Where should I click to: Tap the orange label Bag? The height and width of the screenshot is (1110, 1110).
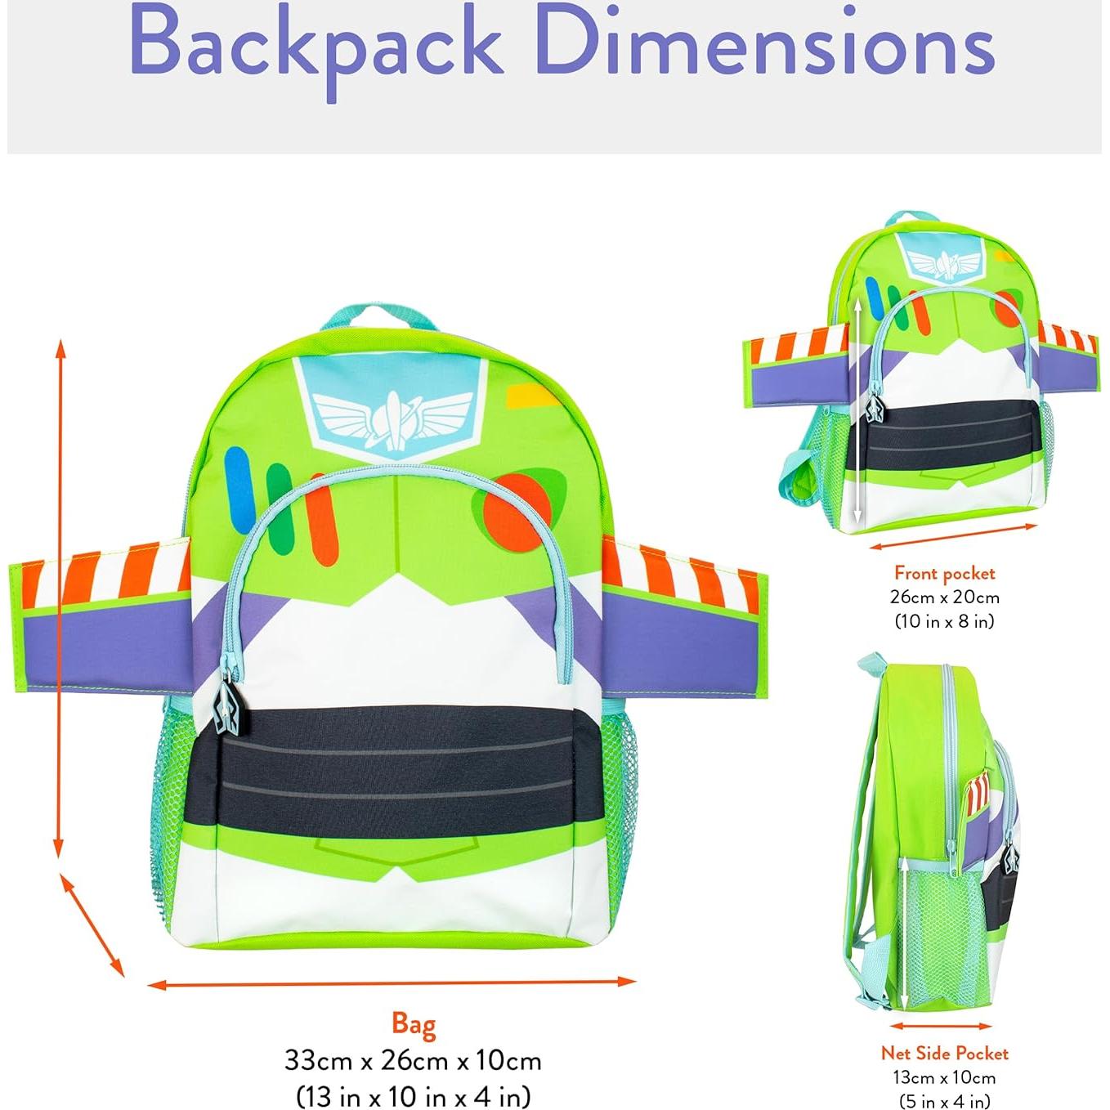[x=414, y=1024]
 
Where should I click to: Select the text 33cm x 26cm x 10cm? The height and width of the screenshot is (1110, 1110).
[x=413, y=1060]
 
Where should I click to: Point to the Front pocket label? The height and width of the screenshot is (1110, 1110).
[x=944, y=573]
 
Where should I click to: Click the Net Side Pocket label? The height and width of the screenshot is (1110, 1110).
[x=944, y=1053]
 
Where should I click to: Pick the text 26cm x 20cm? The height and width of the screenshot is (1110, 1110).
[x=944, y=598]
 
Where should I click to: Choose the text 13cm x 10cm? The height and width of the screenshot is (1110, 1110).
[x=944, y=1077]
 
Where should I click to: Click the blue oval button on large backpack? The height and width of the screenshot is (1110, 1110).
[x=238, y=478]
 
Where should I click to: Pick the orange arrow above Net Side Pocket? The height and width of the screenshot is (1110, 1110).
[x=940, y=1026]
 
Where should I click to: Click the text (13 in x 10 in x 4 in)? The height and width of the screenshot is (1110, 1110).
[x=413, y=1095]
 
